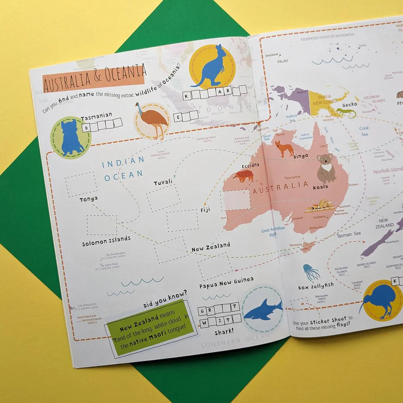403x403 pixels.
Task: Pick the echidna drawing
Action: [x=244, y=176]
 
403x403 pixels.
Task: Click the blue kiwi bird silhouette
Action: [x=380, y=300]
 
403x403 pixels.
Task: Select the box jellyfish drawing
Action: [x=311, y=272]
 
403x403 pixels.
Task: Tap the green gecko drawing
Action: [x=346, y=112]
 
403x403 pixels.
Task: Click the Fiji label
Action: [x=205, y=210]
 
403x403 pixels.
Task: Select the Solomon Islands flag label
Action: [x=107, y=240]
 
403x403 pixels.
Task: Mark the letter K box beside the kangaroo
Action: [x=186, y=95]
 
